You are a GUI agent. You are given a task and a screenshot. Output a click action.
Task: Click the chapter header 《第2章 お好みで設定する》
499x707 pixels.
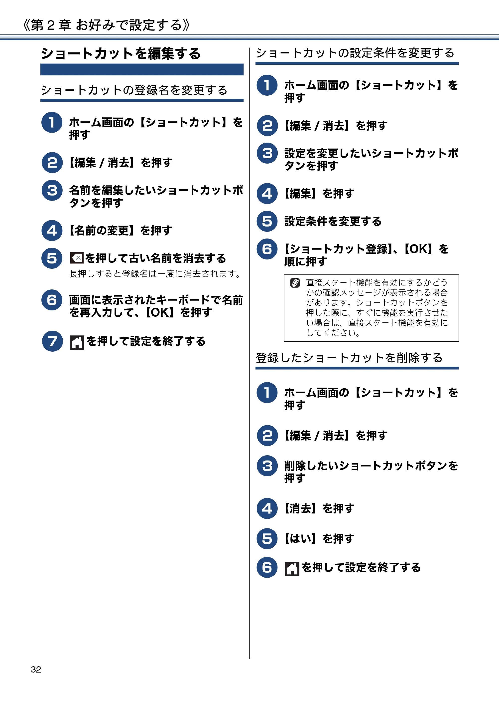[x=106, y=25]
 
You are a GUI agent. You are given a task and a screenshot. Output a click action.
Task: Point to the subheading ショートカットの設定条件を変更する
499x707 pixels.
[x=355, y=53]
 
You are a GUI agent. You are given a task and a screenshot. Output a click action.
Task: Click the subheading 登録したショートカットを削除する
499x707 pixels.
[x=349, y=358]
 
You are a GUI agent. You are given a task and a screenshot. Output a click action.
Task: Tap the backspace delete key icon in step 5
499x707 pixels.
[x=77, y=258]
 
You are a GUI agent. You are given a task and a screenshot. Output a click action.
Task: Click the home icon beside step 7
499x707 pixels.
[x=77, y=342]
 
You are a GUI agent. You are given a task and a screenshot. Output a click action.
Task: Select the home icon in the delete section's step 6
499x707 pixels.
[x=292, y=568]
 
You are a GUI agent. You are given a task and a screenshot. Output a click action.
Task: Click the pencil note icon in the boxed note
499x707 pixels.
[x=295, y=283]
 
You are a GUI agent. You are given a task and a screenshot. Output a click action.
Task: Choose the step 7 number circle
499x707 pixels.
[x=52, y=341]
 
